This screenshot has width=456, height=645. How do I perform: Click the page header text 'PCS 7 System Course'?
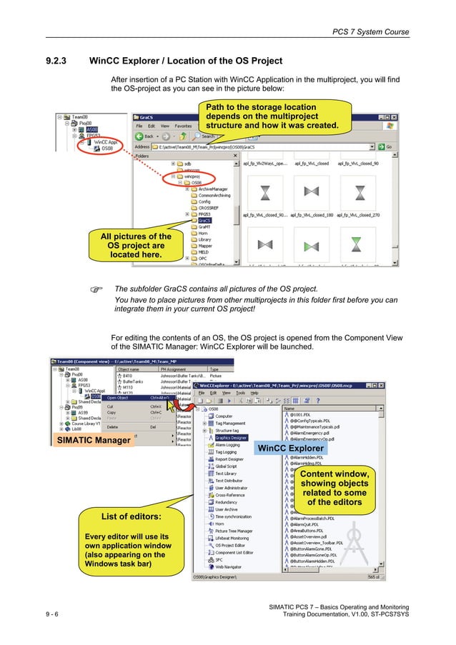pyautogui.click(x=371, y=31)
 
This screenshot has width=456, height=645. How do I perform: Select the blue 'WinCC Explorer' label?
pyautogui.click(x=291, y=449)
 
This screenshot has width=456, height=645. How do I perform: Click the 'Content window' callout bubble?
pyautogui.click(x=334, y=488)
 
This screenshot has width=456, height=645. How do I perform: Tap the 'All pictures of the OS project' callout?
pyautogui.click(x=135, y=245)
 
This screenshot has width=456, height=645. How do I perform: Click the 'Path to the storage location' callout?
pyautogui.click(x=272, y=117)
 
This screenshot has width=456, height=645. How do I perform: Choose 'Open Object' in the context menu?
pyautogui.click(x=118, y=398)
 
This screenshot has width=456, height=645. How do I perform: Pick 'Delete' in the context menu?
pyautogui.click(x=112, y=426)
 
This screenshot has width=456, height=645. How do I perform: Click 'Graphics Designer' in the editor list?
pyautogui.click(x=230, y=437)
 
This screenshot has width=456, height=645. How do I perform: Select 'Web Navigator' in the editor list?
pyautogui.click(x=229, y=566)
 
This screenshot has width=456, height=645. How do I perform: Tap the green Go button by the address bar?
pyautogui.click(x=387, y=147)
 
